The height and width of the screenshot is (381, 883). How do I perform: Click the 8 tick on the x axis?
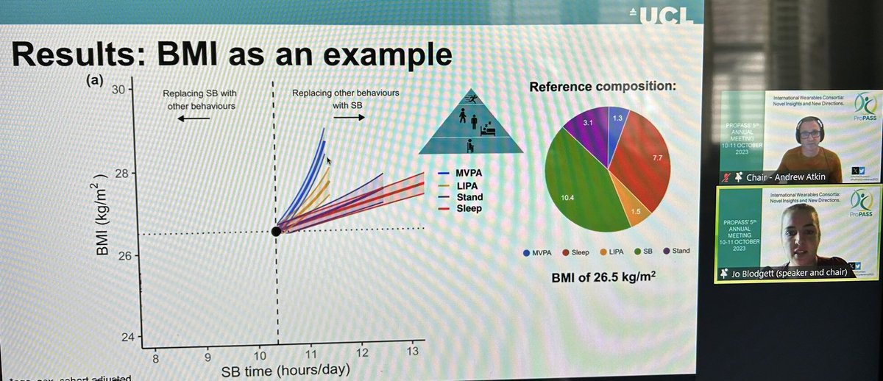tap(155, 359)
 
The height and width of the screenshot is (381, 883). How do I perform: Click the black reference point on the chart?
tap(276, 231)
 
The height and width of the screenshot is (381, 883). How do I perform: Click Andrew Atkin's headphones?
tap(804, 133)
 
